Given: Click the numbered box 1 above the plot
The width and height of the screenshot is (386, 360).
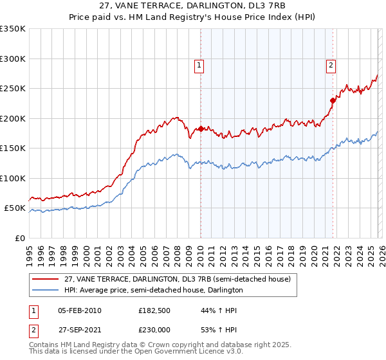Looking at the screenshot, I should (199, 65).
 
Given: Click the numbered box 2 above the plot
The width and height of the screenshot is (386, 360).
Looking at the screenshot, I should (331, 65).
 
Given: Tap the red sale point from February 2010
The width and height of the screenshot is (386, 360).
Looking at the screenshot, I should (201, 129).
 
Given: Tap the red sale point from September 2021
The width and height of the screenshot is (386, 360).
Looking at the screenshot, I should (333, 100).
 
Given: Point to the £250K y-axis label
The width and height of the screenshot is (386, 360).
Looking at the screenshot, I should (13, 89).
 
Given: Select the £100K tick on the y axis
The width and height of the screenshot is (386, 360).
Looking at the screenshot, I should (13, 178).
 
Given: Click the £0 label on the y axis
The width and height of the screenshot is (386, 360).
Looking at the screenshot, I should (19, 238).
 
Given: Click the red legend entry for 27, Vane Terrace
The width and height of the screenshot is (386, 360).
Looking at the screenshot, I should (178, 279).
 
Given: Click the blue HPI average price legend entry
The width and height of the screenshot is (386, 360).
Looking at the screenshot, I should (152, 291).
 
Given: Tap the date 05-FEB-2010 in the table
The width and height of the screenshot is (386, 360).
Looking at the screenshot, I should (79, 310).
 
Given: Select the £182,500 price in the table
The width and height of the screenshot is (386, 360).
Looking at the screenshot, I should (153, 310).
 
